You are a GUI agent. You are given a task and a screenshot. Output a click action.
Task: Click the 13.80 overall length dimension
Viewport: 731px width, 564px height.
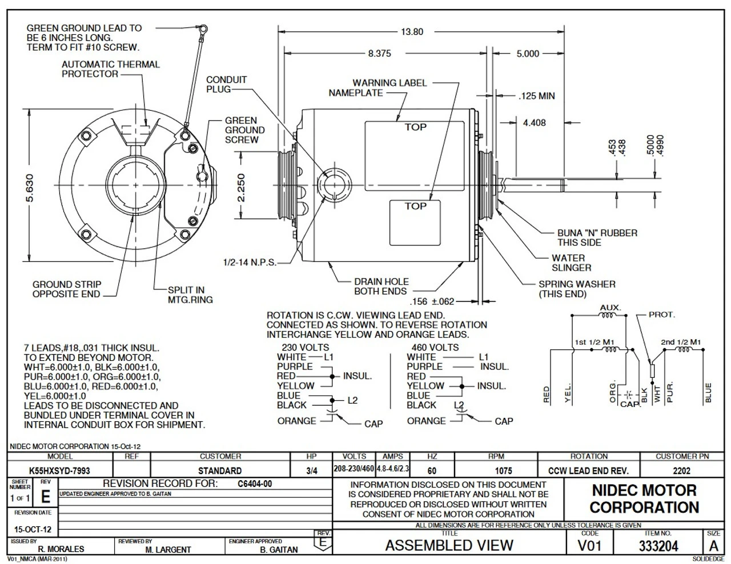[411, 32]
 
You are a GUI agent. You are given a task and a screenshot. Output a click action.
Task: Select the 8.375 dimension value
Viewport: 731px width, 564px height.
[379, 54]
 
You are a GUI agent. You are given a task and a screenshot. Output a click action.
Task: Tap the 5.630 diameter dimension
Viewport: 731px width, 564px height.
[30, 188]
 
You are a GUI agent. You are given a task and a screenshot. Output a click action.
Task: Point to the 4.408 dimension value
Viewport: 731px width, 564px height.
[534, 122]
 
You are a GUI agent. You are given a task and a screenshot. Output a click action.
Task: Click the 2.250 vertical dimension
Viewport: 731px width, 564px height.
[241, 188]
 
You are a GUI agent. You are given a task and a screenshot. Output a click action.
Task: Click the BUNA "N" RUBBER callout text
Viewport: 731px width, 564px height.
[597, 237]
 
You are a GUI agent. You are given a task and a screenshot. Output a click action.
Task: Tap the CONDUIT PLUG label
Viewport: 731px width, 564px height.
[226, 84]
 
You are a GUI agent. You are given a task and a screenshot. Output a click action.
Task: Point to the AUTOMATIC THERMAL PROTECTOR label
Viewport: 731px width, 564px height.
[110, 69]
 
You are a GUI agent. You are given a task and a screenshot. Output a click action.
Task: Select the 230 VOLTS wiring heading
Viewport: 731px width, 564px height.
[306, 347]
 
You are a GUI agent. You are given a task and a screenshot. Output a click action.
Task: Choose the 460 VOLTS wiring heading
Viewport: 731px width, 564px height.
[435, 347]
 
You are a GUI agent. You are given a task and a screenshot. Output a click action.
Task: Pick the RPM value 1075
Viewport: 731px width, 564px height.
[496, 471]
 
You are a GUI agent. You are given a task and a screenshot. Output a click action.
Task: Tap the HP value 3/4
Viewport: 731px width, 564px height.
[312, 471]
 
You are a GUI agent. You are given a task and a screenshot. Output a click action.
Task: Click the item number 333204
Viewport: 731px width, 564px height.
[658, 546]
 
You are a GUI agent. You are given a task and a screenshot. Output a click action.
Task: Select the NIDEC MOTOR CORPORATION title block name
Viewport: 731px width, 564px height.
[644, 498]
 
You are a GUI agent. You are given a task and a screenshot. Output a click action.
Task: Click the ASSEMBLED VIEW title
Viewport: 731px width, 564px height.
[449, 546]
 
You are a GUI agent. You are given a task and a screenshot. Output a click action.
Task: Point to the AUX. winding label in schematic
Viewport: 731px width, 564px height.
[610, 308]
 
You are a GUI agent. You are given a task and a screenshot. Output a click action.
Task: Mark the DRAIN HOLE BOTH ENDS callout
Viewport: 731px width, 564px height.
[381, 286]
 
